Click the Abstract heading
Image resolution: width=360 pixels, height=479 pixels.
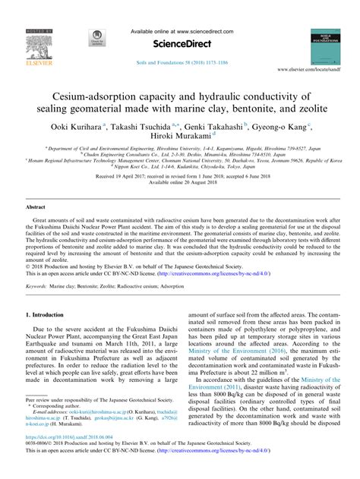tap(36, 206)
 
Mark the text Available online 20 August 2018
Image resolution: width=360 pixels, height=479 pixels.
tap(179, 182)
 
